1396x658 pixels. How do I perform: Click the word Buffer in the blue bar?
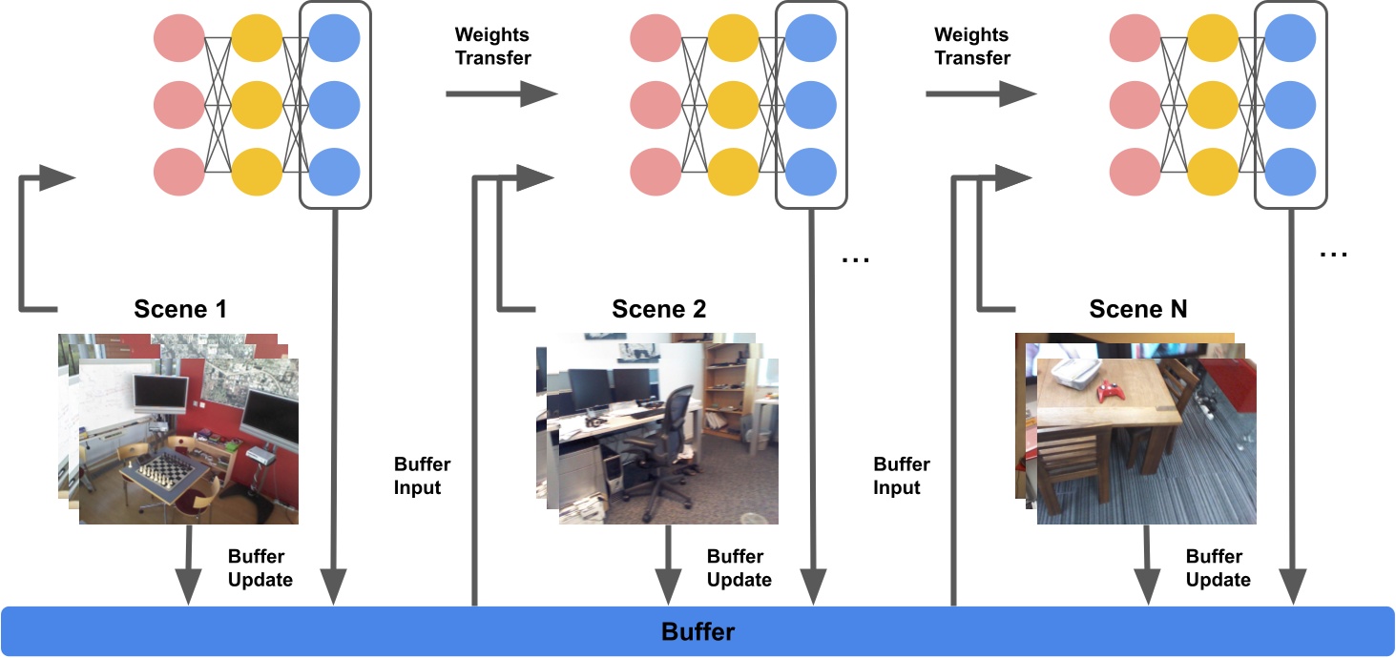[x=698, y=631]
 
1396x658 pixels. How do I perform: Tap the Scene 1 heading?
[x=181, y=309]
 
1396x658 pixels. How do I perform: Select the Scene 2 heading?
[x=659, y=309]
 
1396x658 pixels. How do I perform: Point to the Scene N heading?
[x=1137, y=309]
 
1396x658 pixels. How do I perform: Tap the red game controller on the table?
[x=1109, y=391]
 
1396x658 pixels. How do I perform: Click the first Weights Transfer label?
[x=492, y=46]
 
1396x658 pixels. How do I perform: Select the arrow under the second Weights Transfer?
[x=981, y=93]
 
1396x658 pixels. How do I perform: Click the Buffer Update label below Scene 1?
[x=260, y=567]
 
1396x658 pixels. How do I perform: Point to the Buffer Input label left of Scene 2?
[x=422, y=476]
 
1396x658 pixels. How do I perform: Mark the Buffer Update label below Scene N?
[x=1218, y=567]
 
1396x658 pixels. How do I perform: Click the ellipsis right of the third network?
[x=1333, y=256]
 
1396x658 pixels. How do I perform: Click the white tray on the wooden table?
[x=1068, y=376]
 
